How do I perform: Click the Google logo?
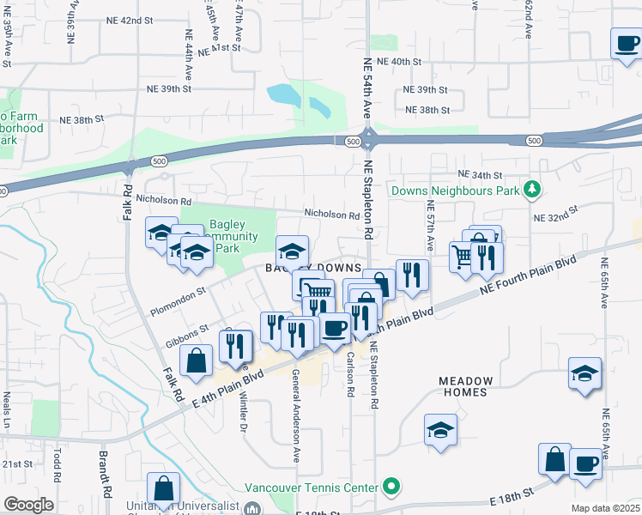pyautogui.click(x=28, y=505)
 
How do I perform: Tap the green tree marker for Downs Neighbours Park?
pyautogui.click(x=533, y=188)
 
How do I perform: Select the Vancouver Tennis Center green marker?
pyautogui.click(x=392, y=488)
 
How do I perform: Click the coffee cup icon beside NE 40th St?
pyautogui.click(x=627, y=42)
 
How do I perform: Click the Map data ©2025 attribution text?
pyautogui.click(x=605, y=508)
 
